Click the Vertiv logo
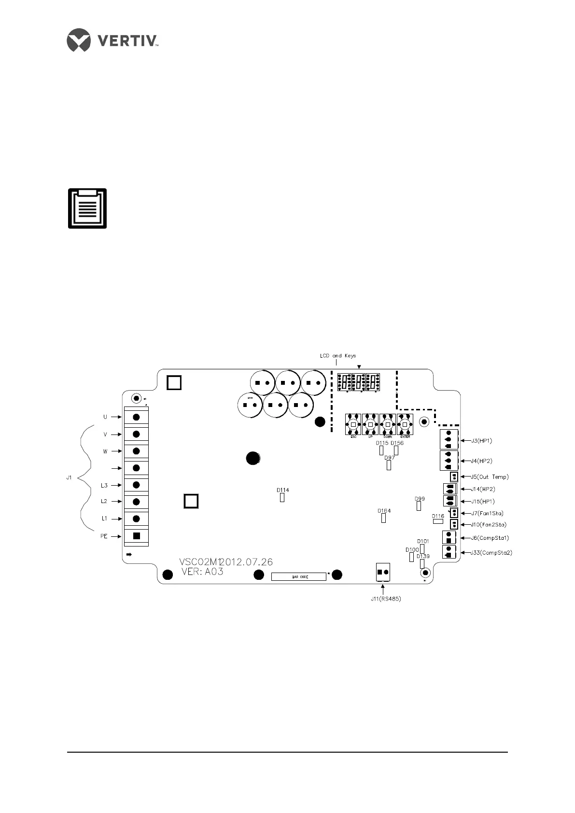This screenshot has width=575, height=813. tap(113, 40)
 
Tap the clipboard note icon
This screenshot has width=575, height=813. tap(87, 209)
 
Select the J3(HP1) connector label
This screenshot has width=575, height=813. tap(481, 441)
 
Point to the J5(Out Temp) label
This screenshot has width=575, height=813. tap(490, 477)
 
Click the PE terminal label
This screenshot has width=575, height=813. tap(104, 536)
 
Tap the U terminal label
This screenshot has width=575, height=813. tap(105, 417)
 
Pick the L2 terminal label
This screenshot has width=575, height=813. tap(104, 502)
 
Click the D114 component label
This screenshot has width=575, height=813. tap(283, 490)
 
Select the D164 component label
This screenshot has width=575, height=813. tap(384, 511)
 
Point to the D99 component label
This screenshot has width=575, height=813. tap(420, 499)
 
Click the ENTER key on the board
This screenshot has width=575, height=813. tap(405, 424)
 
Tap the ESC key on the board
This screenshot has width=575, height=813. tap(353, 424)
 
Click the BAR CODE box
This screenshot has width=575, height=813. tap(298, 576)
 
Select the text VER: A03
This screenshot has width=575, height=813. tap(202, 572)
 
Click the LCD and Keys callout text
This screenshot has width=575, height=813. tap(338, 356)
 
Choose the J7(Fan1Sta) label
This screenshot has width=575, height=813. tap(487, 513)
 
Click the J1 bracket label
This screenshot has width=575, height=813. tap(69, 477)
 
